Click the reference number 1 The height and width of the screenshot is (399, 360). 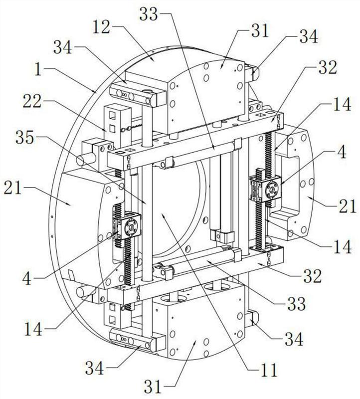coord(38,70)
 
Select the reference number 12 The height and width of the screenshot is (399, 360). coord(102,27)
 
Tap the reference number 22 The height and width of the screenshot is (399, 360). coord(32,101)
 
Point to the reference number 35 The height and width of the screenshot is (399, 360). coord(25,138)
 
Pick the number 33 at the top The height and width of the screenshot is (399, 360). coord(149,14)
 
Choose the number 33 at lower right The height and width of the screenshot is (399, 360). coord(296,303)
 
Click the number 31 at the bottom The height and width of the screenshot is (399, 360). coord(153,387)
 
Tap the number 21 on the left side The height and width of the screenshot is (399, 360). coord(13,189)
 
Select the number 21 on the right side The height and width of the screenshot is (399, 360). coord(347,206)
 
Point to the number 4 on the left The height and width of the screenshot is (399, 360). coord(27,278)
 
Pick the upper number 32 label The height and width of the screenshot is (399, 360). coord(328,67)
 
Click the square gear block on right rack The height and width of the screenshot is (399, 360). coord(266,188)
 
